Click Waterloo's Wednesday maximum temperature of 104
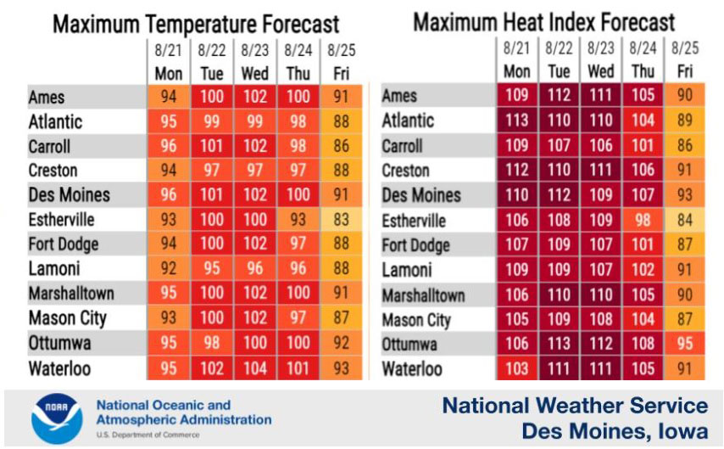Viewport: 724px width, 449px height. coord(254,369)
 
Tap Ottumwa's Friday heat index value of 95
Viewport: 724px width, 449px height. coord(685,345)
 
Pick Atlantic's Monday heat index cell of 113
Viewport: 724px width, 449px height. coord(517,121)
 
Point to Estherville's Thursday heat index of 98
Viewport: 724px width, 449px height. coord(643,221)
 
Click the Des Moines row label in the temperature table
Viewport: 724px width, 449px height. coord(70,195)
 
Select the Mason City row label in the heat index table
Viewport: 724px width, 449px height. coord(416,320)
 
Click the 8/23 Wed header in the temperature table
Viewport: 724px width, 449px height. coord(254,63)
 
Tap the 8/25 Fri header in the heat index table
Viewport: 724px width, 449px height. coord(685,61)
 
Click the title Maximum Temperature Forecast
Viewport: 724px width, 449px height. coord(196,24)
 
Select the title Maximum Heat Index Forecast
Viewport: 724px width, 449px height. coord(543,22)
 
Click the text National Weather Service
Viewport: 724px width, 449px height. coord(575,405)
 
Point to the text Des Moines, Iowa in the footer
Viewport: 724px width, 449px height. coord(615,431)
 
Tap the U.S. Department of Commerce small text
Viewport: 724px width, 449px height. coord(148,435)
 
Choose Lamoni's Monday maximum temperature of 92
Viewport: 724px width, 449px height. coord(169,270)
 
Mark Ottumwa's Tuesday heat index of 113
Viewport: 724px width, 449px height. coord(559,345)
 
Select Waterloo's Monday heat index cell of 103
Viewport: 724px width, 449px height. coord(517,369)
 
